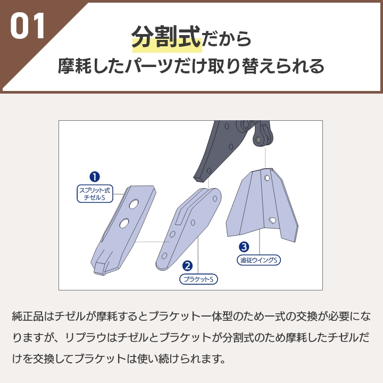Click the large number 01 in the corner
click(28, 26)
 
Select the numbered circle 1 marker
click(95, 177)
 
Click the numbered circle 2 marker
click(187, 266)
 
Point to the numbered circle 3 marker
click(244, 247)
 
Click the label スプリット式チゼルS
click(95, 194)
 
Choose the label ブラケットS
click(198, 279)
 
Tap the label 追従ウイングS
click(259, 260)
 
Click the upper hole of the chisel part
click(134, 204)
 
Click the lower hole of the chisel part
click(124, 223)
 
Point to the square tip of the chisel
click(100, 268)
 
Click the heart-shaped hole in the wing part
click(272, 220)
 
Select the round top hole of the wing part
click(267, 178)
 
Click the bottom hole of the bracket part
click(164, 256)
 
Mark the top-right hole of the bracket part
click(215, 198)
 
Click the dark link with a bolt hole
click(263, 136)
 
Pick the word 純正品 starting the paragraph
click(28, 317)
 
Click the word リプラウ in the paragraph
click(86, 338)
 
